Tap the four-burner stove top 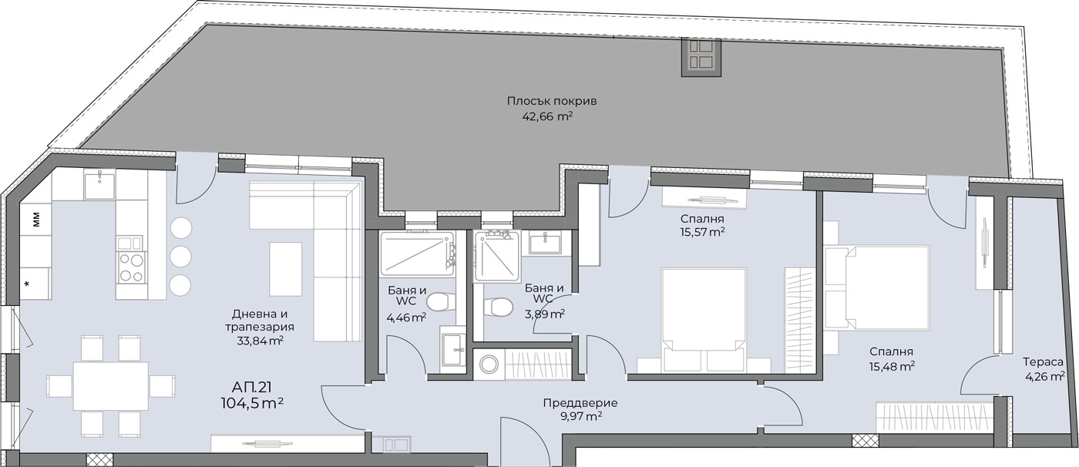pos(132,267)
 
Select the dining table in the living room pos(111,386)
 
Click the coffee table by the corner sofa pos(286,269)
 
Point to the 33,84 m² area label pos(260,341)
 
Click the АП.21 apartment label pos(251,387)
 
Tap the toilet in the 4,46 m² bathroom pos(441,302)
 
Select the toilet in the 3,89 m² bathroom pos(499,307)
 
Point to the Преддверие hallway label pos(580,403)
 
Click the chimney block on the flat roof pos(701,57)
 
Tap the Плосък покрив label pos(552,101)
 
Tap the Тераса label pos(1044,361)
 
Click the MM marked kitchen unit pos(36,220)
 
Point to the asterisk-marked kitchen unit pos(35,284)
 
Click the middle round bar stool pos(180,256)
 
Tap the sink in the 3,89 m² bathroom pos(546,242)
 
